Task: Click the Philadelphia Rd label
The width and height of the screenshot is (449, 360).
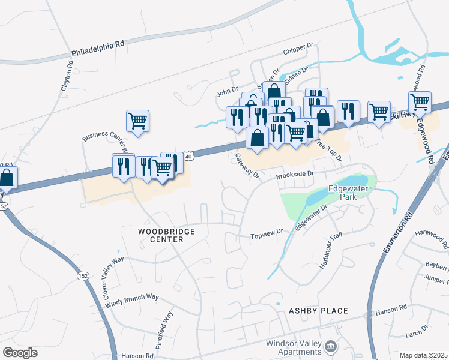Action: [x=98, y=48]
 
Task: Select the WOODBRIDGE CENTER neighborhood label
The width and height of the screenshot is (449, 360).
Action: [x=160, y=235]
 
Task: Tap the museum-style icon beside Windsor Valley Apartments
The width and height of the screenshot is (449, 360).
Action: [x=330, y=346]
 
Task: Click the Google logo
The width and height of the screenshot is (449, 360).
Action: [x=20, y=353]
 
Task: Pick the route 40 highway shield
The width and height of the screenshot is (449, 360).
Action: [x=189, y=156]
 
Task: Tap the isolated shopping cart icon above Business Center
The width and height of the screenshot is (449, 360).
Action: [x=137, y=120]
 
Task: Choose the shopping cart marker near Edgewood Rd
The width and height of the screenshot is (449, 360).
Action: [x=420, y=102]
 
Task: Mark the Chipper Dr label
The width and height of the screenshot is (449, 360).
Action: [x=302, y=46]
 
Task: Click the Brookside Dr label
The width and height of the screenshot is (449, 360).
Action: [x=295, y=174]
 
